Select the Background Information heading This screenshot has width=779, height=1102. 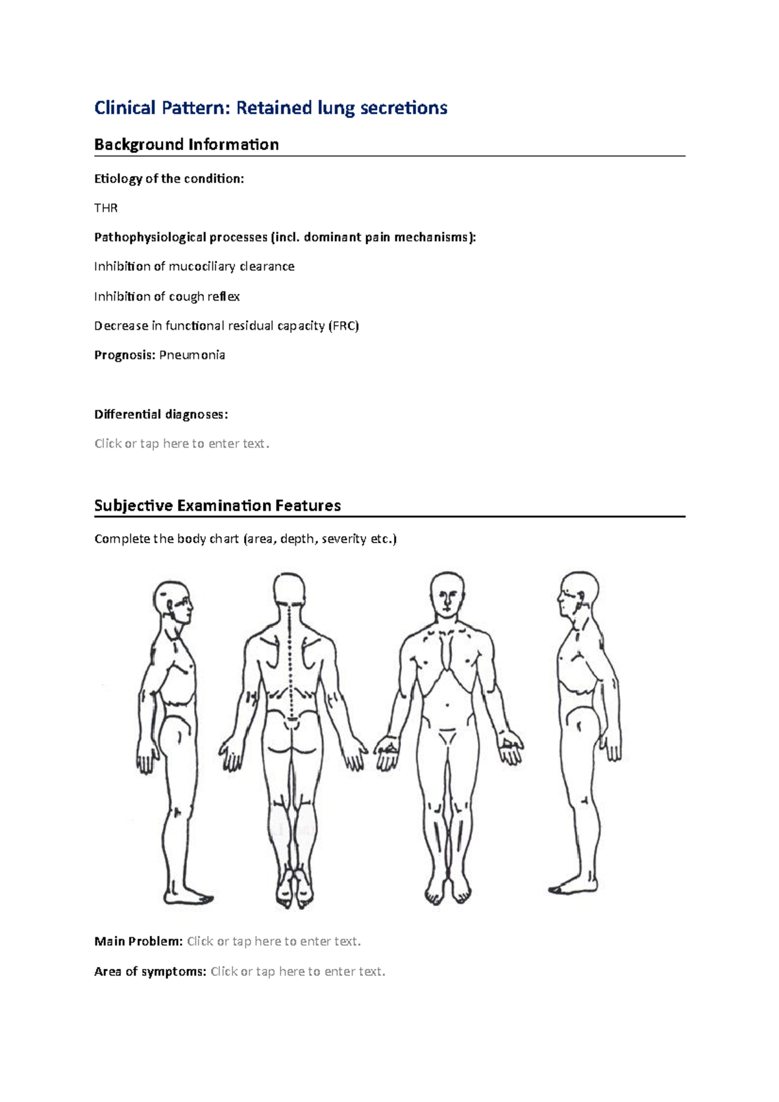pos(186,145)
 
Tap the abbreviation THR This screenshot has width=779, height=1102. pos(106,208)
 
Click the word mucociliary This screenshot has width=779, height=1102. pos(202,267)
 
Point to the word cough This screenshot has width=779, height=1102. pos(186,297)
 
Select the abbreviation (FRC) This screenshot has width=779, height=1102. pos(343,326)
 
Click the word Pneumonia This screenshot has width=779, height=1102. pos(192,355)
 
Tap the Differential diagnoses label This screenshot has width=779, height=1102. pos(161,414)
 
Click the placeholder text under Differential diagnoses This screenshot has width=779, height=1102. pos(182,444)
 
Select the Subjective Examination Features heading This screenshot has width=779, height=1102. pos(217,506)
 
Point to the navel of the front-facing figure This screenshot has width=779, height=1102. pos(447,705)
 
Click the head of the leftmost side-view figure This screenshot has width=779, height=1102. pos(173,600)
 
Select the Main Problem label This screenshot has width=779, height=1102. pos(138,942)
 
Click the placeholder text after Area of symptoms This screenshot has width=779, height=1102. pos(298,972)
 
